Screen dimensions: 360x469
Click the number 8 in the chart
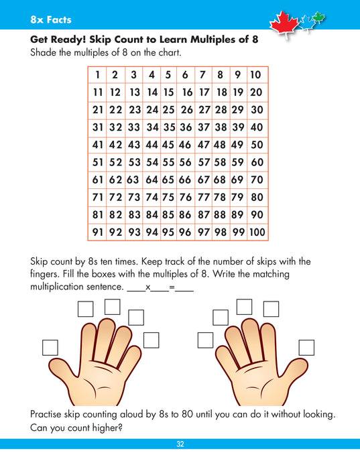click(x=221, y=75)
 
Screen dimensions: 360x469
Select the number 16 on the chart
click(x=187, y=92)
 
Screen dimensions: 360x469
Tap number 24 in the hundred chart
click(x=152, y=110)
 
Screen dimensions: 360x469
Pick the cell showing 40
click(x=257, y=127)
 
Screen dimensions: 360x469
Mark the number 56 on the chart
click(x=185, y=162)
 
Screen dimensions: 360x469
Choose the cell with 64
click(x=152, y=180)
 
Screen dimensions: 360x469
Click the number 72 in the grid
click(x=115, y=198)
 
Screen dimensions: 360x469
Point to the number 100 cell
click(x=257, y=232)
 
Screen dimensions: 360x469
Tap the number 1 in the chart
click(x=98, y=75)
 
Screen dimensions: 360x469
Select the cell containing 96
click(x=185, y=232)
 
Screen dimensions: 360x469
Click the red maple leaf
click(x=284, y=24)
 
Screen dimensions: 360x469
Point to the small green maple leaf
click(x=318, y=17)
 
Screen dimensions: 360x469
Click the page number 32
click(x=180, y=444)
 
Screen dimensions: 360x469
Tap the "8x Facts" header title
click(x=51, y=19)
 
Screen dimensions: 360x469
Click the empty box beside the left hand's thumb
click(x=50, y=348)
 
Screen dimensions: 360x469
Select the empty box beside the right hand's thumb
click(x=306, y=348)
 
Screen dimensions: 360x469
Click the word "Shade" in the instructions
click(x=43, y=53)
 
